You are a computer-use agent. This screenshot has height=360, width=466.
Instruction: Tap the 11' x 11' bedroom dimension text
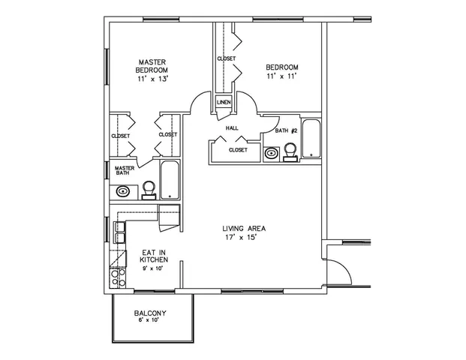click(x=282, y=76)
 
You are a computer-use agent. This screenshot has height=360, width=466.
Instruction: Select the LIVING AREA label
click(x=244, y=228)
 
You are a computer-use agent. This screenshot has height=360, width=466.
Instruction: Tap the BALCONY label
click(x=150, y=312)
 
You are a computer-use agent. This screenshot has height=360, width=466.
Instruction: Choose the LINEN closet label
click(x=224, y=102)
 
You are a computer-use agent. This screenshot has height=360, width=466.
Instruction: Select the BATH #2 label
click(x=287, y=130)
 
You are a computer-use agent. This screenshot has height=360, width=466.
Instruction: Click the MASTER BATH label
click(x=124, y=170)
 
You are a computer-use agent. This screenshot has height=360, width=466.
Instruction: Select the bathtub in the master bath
click(x=170, y=179)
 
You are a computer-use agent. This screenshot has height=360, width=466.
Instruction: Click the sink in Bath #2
click(x=272, y=153)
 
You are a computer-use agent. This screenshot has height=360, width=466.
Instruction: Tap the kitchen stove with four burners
click(x=118, y=278)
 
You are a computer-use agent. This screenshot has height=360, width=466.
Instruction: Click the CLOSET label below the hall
click(x=238, y=149)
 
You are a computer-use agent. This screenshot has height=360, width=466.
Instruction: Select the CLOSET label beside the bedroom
click(x=226, y=58)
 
